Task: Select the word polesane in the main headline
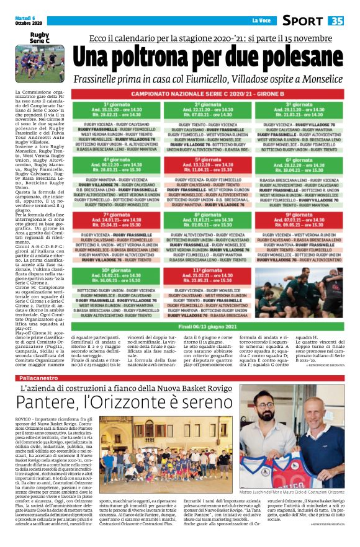click(300, 59)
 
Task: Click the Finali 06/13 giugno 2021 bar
click(209, 326)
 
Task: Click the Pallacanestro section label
click(40, 378)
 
